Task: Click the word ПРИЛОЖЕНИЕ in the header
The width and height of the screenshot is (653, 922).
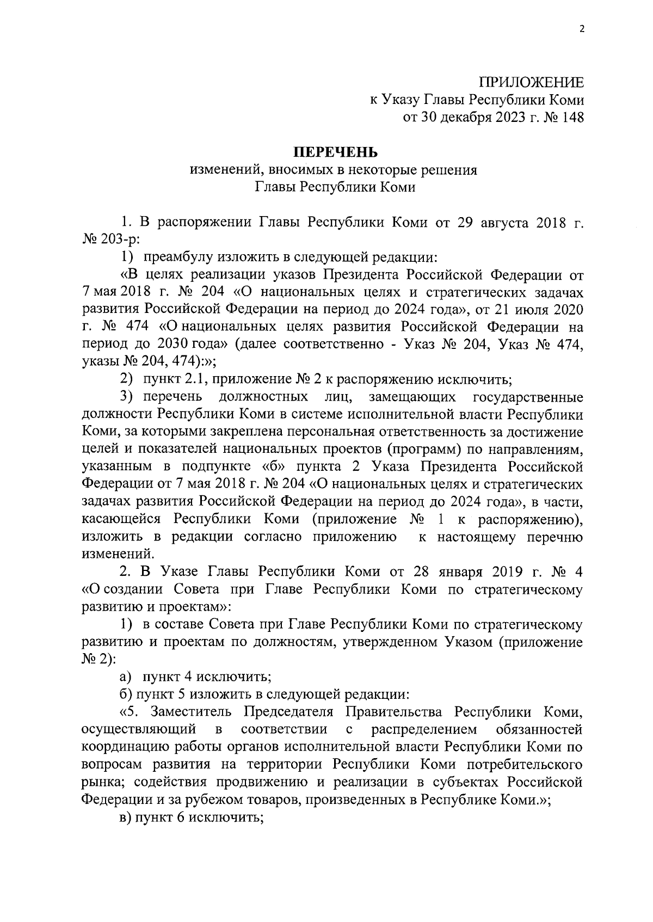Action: (x=531, y=83)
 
